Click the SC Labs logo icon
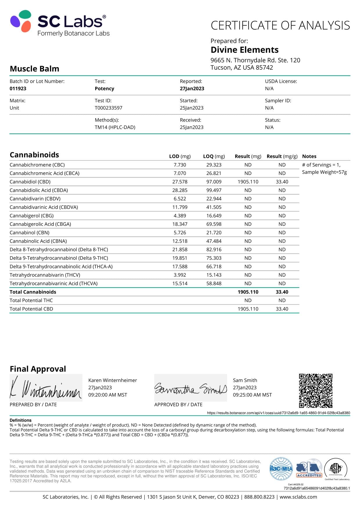[21, 21]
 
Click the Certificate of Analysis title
[280, 26]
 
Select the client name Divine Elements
[244, 50]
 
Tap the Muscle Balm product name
[35, 69]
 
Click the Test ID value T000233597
[108, 108]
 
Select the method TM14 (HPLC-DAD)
[115, 127]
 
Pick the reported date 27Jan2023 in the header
[192, 89]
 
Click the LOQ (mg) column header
[214, 156]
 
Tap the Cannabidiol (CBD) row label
[30, 182]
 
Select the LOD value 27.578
[180, 182]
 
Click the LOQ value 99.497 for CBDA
[214, 190]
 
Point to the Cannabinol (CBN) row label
[29, 232]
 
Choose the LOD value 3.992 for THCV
[180, 275]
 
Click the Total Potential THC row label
[31, 300]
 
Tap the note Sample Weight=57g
[324, 172]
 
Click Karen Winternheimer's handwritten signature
[46, 389]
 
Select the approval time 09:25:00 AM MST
[252, 395]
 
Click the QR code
[316, 391]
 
